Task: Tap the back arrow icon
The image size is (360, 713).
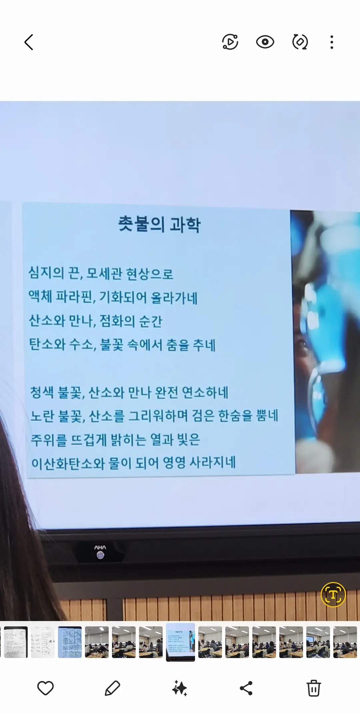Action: pyautogui.click(x=29, y=42)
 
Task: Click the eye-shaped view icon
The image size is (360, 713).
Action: pyautogui.click(x=265, y=42)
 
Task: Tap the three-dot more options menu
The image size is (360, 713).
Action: pyautogui.click(x=331, y=42)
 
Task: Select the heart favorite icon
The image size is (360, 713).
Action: pyautogui.click(x=45, y=688)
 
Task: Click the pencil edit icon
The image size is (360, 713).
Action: pyautogui.click(x=112, y=688)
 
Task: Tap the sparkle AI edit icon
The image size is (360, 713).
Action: pyautogui.click(x=180, y=688)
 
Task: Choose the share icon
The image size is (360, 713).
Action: pyautogui.click(x=246, y=688)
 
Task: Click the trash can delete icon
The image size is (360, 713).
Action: pyautogui.click(x=314, y=688)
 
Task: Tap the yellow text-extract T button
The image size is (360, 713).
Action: pyautogui.click(x=333, y=594)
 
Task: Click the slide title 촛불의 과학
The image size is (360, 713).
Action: pyautogui.click(x=159, y=224)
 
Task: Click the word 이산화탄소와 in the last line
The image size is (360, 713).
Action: pyautogui.click(x=68, y=463)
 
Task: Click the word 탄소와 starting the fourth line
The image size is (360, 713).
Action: pyautogui.click(x=47, y=344)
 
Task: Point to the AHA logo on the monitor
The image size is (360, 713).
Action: pyautogui.click(x=100, y=547)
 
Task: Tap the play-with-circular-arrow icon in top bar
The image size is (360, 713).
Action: pyautogui.click(x=230, y=42)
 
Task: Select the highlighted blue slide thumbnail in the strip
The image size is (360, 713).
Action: pyautogui.click(x=180, y=642)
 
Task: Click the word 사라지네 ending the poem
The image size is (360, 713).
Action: pyautogui.click(x=213, y=462)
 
